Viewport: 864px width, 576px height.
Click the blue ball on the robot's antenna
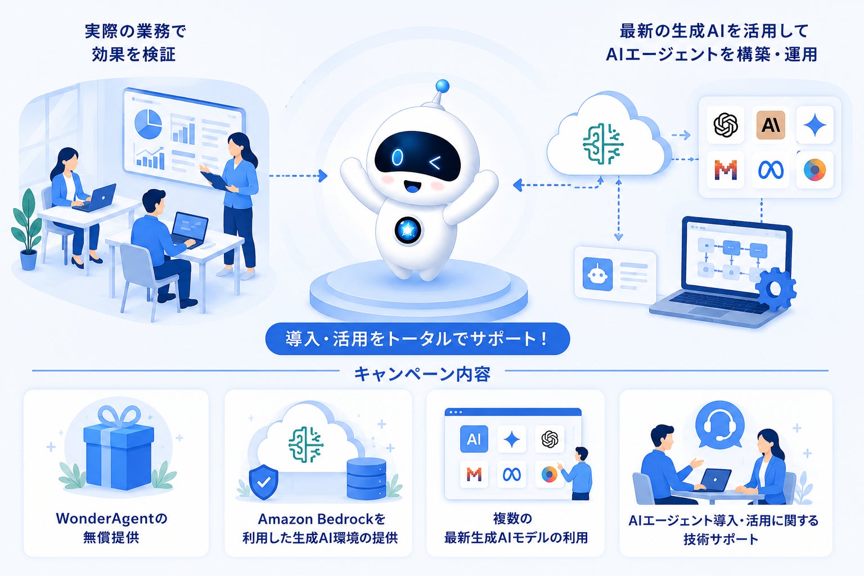click(x=442, y=86)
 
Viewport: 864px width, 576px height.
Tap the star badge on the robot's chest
click(x=408, y=230)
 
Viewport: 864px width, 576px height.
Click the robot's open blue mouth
click(x=411, y=187)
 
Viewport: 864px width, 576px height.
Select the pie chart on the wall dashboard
click(x=148, y=124)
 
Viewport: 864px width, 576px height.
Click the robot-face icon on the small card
click(x=597, y=274)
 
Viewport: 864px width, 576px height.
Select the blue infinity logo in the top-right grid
click(x=771, y=170)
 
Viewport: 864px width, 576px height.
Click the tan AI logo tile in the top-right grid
click(x=771, y=125)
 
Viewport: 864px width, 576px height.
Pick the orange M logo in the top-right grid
click(x=726, y=170)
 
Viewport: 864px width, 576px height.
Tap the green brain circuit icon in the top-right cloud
click(x=603, y=144)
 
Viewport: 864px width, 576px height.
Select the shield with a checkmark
click(x=264, y=482)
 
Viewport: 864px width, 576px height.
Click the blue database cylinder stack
click(x=366, y=478)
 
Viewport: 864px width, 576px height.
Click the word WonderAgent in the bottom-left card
click(x=105, y=519)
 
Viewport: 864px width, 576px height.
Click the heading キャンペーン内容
click(x=422, y=374)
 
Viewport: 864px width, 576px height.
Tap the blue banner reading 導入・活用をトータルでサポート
click(x=417, y=339)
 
